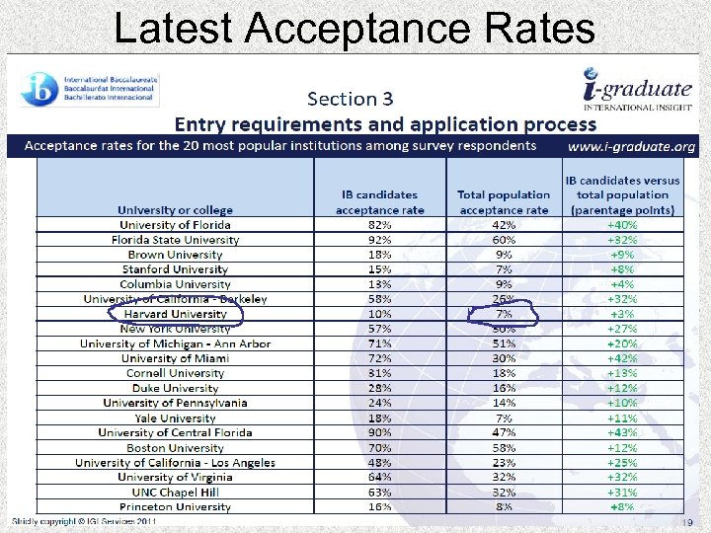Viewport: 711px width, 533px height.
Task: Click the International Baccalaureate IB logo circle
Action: pos(39,90)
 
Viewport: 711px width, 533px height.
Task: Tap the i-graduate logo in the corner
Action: pos(637,89)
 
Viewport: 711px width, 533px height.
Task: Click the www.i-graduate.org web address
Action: pos(631,146)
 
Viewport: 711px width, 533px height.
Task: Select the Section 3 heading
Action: pos(350,99)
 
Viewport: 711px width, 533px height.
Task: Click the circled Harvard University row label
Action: pos(175,314)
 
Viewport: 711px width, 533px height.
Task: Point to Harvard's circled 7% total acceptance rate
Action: pos(504,314)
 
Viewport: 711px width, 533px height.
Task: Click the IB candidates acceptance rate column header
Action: pos(380,202)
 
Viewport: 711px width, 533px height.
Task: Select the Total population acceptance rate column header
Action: pos(504,202)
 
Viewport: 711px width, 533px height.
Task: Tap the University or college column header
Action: pos(175,210)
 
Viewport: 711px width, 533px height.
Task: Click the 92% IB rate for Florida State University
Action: pos(379,240)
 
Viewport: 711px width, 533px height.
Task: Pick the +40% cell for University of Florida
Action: pos(622,225)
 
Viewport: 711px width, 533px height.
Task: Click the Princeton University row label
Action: pos(175,507)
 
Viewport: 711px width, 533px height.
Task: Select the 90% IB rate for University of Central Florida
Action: pos(379,433)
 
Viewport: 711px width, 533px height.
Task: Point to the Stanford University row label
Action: pos(175,269)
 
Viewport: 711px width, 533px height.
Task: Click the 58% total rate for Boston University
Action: pos(504,448)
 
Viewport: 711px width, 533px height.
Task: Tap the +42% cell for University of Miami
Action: pos(622,358)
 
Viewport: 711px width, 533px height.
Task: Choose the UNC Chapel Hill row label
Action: pos(175,493)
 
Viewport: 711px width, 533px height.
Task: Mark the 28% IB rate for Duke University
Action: pos(379,388)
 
